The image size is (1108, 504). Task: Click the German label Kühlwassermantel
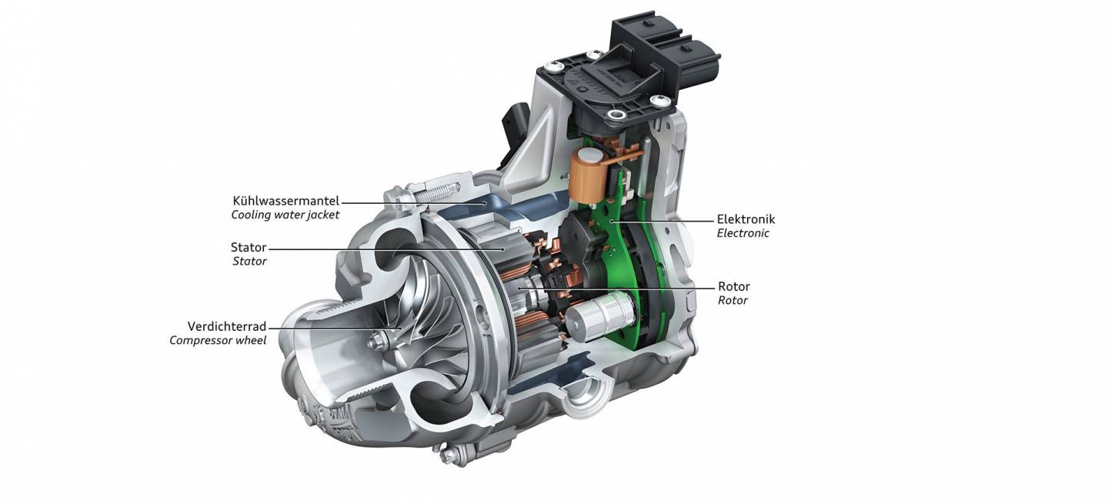coord(286,202)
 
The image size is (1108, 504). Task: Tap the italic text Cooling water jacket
coord(285,215)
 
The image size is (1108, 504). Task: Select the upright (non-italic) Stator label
coord(249,248)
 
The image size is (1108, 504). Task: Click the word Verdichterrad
coord(227,326)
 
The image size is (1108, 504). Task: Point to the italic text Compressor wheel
coord(218,340)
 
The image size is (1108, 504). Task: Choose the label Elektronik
coord(746,219)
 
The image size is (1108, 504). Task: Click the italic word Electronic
coord(743,233)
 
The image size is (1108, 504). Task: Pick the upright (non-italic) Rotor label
coord(733,287)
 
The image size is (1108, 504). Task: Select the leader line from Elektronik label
coord(662,220)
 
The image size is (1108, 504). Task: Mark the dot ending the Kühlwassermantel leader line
coord(482,203)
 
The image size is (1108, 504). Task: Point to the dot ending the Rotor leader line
coord(521,289)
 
